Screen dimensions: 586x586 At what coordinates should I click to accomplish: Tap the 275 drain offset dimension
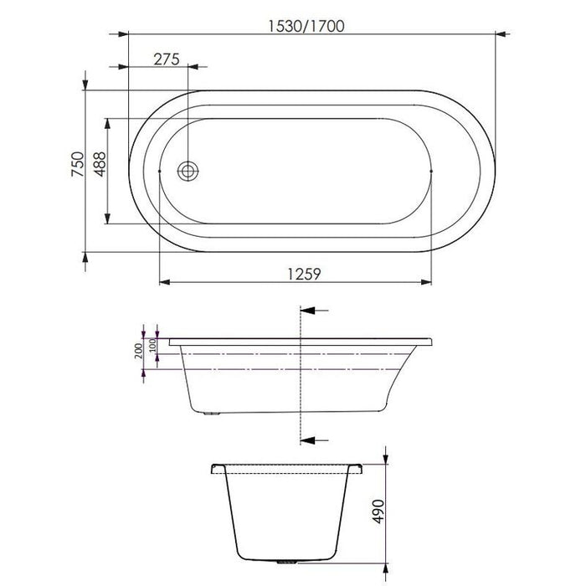167,59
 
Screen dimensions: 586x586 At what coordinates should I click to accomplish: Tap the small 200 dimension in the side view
139,351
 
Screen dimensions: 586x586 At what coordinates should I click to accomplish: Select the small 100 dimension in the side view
153,346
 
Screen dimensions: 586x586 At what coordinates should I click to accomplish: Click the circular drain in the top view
188,171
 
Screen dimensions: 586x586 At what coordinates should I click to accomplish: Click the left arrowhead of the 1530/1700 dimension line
121,34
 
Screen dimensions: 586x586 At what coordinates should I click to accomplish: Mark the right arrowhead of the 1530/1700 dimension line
502,34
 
